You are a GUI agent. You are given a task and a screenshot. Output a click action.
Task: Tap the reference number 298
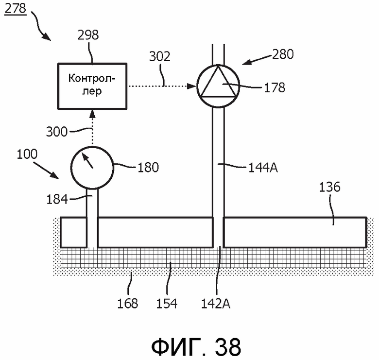point(88,35)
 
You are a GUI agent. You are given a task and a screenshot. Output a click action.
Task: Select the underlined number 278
point(15,9)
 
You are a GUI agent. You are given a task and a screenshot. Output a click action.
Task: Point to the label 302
point(159,56)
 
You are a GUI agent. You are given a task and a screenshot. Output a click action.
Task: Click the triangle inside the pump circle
point(218,82)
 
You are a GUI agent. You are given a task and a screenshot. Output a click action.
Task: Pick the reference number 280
point(283,54)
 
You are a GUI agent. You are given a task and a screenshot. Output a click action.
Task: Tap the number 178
point(275,88)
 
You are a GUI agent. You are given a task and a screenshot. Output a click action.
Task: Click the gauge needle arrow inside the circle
point(88,160)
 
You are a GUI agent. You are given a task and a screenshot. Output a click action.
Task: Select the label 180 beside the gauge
point(148,167)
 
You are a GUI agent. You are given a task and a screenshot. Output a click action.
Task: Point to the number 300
point(56,132)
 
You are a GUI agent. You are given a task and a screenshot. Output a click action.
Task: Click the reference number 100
point(27,154)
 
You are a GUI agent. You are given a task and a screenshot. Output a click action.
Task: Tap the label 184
point(57,200)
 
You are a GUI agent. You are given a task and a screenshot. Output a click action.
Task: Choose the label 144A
point(263,167)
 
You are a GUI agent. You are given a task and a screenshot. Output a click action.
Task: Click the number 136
point(330,187)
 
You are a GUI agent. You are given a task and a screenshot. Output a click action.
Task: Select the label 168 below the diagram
point(128,304)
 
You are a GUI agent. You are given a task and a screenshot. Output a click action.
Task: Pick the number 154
point(167,304)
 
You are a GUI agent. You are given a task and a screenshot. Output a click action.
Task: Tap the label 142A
point(216,304)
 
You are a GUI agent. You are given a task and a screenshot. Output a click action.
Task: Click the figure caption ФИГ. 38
point(196,347)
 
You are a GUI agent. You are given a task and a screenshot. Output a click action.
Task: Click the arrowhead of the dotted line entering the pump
point(191,86)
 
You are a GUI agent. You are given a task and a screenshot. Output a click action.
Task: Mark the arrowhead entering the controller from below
point(92,114)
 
